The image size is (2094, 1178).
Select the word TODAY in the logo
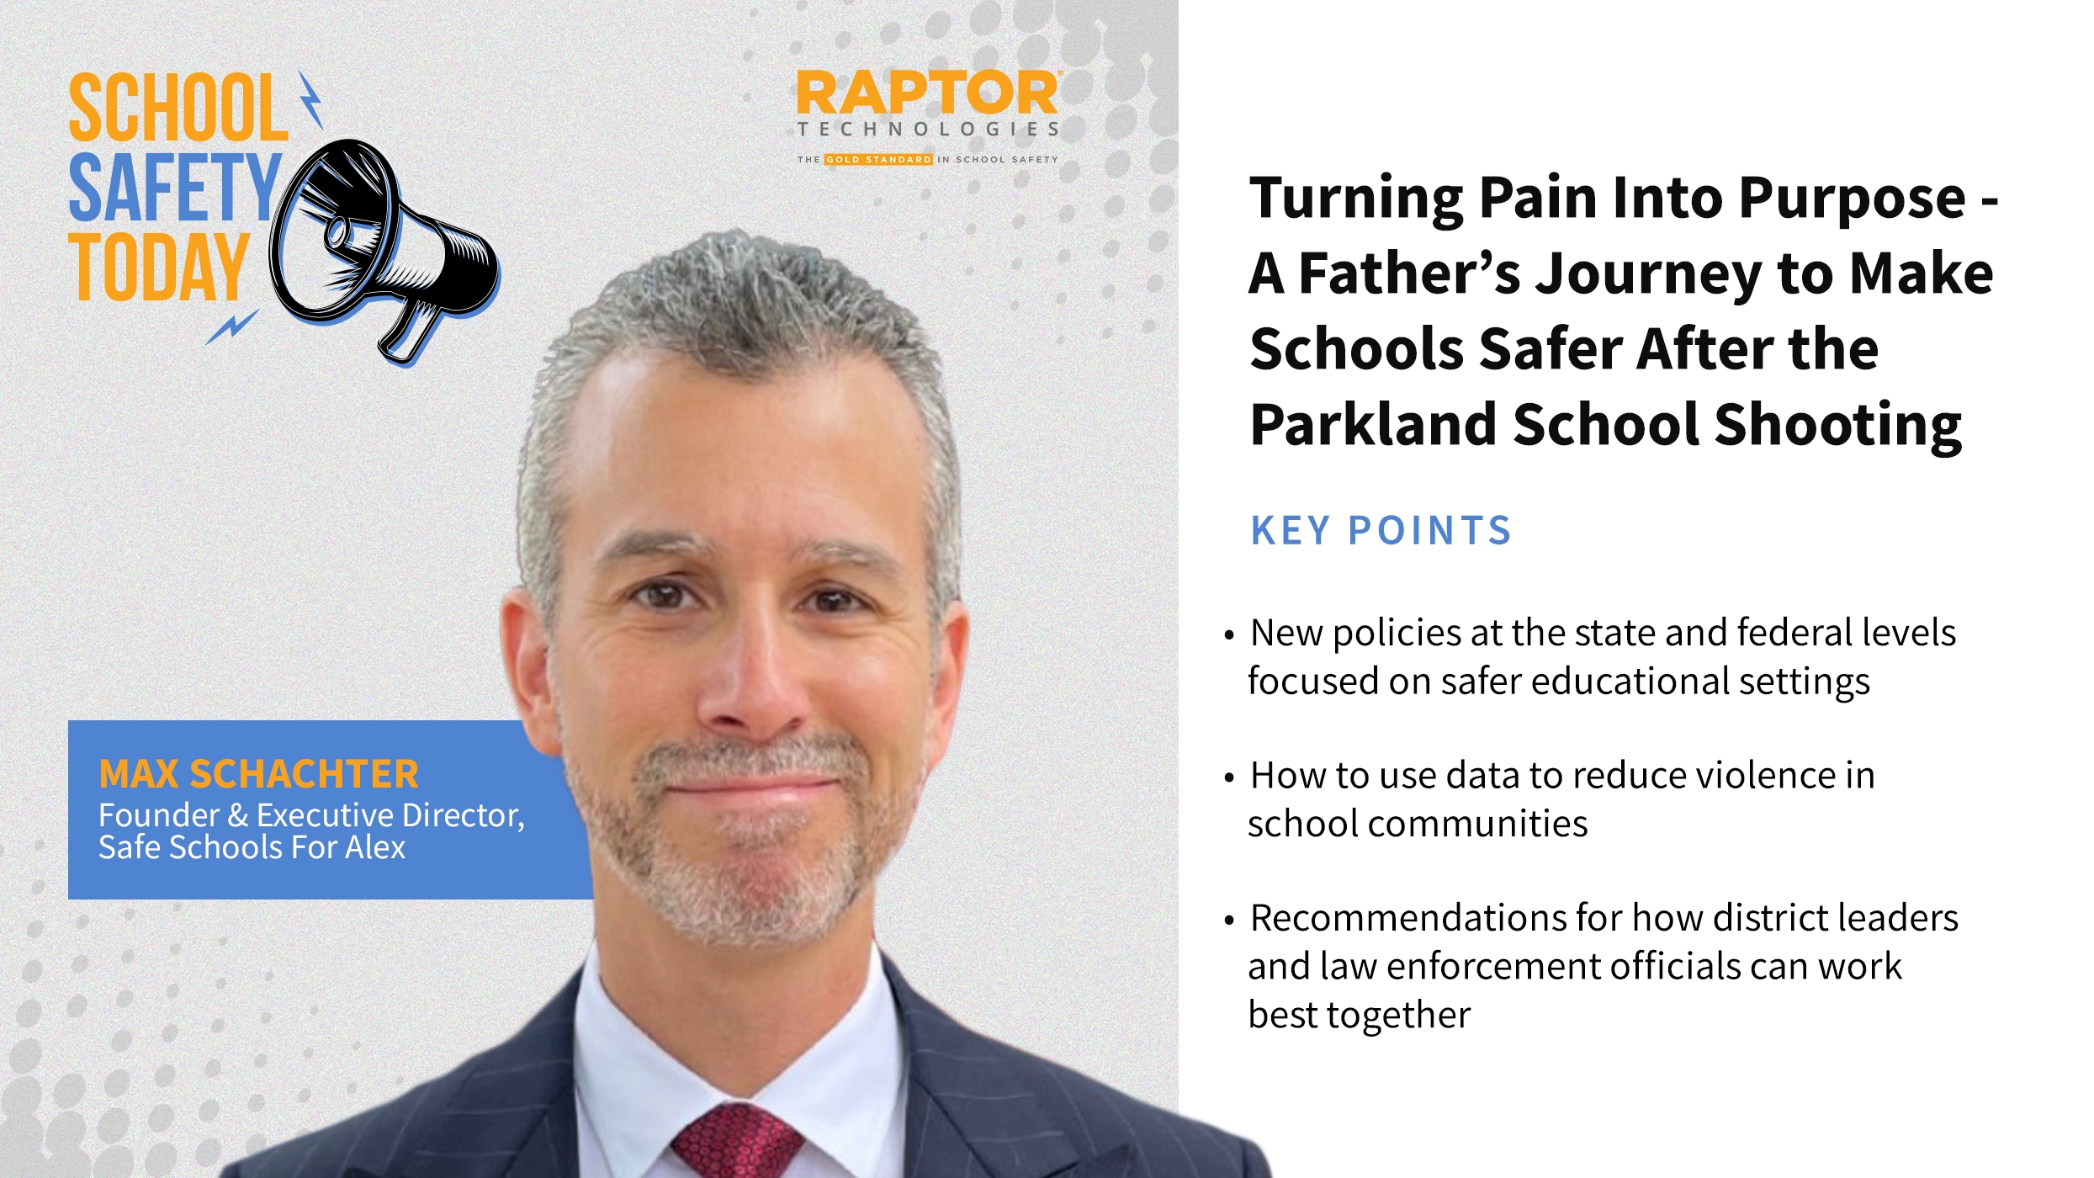(158, 267)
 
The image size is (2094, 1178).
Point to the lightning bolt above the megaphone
(310, 99)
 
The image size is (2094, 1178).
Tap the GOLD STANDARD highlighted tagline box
(878, 159)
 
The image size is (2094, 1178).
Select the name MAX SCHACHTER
(258, 773)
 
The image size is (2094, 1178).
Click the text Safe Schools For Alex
(252, 847)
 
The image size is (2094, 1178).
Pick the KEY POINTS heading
(1381, 531)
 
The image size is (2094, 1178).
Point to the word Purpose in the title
(1852, 198)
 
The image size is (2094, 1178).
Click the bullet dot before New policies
(1229, 634)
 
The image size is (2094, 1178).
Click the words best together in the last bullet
(1359, 1015)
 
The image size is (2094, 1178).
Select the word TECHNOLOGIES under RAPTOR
(928, 129)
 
